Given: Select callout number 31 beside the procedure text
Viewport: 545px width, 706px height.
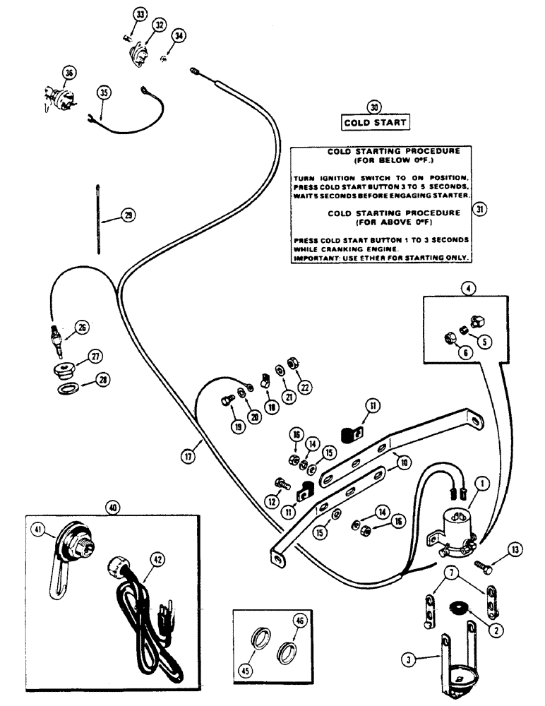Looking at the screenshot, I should point(481,209).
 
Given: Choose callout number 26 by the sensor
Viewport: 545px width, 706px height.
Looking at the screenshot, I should point(82,327).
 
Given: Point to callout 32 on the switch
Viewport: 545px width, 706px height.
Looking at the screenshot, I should point(159,25).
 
